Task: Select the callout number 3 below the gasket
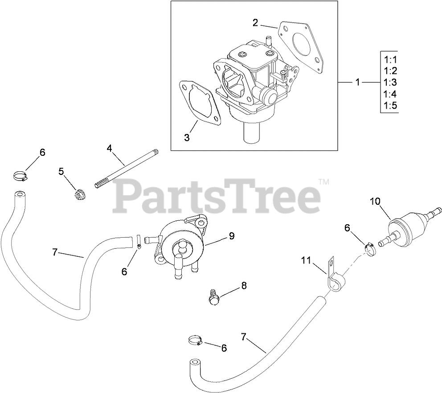(187, 138)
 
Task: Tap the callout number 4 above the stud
(109, 148)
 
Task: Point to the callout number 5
(61, 171)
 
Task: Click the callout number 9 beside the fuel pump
(231, 236)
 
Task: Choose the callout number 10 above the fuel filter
(375, 202)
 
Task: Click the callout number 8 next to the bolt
(243, 286)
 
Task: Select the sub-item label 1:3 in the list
(389, 82)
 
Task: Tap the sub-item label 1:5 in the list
(389, 105)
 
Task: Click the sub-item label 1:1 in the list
(389, 59)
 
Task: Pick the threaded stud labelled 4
(126, 170)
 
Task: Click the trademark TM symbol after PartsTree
(324, 182)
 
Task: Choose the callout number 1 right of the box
(357, 82)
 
